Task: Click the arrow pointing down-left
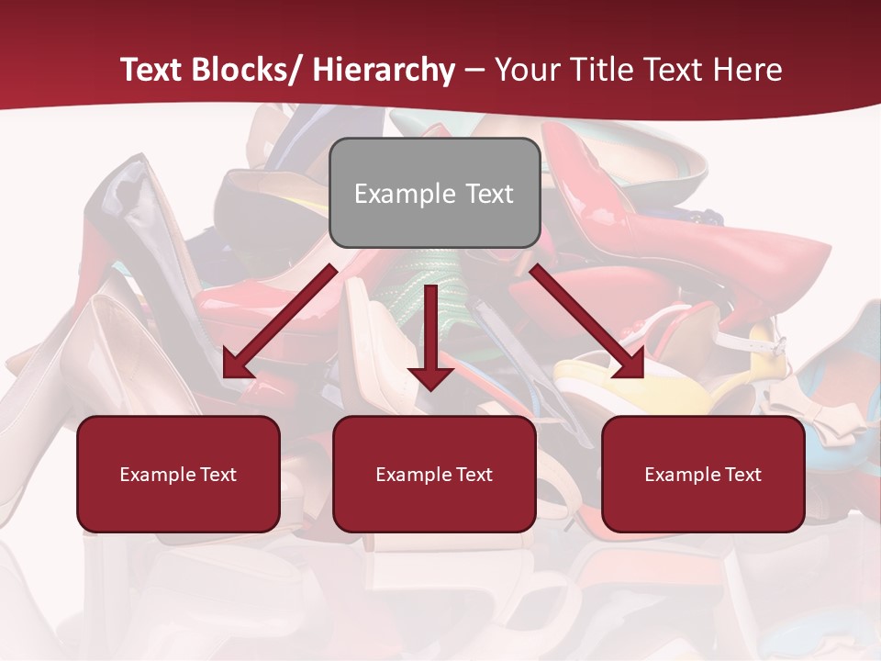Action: (x=279, y=321)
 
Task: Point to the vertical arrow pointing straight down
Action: (x=430, y=336)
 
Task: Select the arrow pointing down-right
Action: (x=587, y=321)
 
